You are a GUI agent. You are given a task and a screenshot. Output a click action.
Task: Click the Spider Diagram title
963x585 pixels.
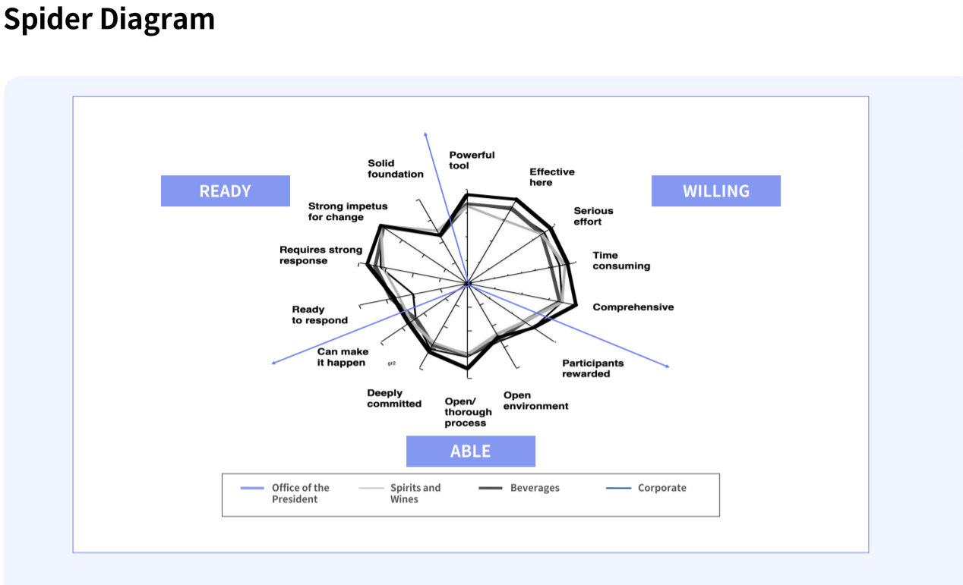click(109, 19)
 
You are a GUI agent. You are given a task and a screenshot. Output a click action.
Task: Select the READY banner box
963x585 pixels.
click(225, 191)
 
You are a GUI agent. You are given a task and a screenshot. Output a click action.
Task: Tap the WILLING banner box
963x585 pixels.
click(715, 191)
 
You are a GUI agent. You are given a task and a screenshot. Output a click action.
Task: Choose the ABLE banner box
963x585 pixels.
click(470, 451)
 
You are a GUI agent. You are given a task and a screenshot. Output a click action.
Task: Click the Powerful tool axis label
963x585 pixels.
click(472, 160)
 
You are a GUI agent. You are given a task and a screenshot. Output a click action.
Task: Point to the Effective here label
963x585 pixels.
click(551, 177)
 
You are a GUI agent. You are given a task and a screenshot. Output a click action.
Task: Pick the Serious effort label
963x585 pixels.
click(593, 216)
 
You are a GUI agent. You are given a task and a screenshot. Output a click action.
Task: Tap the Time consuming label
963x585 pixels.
click(621, 260)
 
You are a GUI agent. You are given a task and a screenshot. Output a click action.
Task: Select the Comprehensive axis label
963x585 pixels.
click(633, 307)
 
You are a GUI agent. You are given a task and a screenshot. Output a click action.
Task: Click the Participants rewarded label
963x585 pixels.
click(592, 368)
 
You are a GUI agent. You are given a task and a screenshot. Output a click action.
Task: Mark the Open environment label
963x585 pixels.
click(535, 401)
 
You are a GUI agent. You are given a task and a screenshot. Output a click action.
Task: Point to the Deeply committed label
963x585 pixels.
click(393, 398)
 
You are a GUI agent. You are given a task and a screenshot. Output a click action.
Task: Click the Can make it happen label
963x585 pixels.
click(343, 357)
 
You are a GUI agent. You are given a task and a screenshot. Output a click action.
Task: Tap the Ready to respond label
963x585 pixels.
click(320, 315)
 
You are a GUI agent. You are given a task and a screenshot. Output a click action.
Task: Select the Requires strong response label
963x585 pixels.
click(320, 255)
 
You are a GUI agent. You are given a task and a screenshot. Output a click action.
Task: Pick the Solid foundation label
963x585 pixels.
click(396, 168)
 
